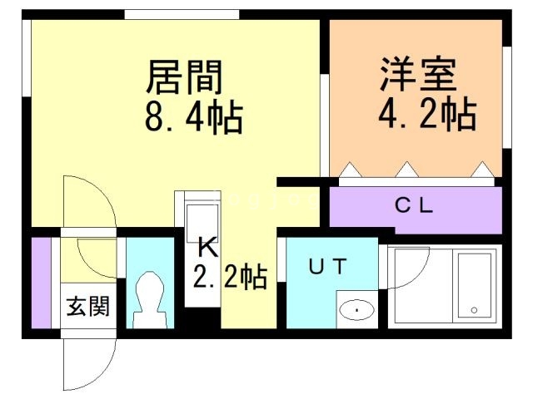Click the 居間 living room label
(185, 77)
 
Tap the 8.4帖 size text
(191, 118)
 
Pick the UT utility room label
(331, 268)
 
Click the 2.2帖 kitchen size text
(229, 276)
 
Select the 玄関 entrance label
(87, 306)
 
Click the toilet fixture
(149, 300)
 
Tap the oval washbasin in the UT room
(357, 311)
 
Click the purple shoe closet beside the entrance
(41, 283)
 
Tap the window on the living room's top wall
(182, 14)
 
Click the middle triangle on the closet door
(406, 171)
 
